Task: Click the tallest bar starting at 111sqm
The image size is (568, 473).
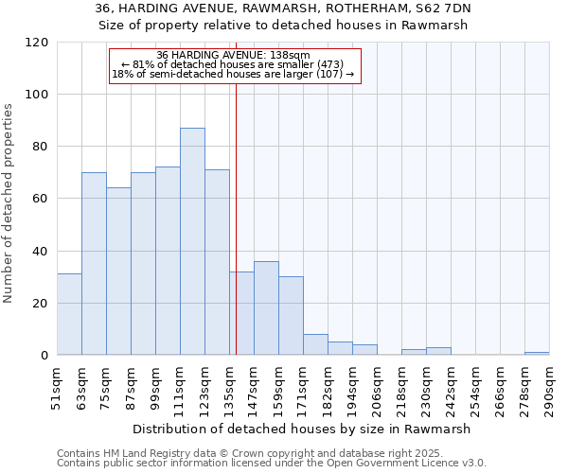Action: click(x=192, y=241)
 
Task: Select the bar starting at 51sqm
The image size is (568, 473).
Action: click(x=69, y=314)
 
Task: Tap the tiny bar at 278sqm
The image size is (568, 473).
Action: click(x=537, y=353)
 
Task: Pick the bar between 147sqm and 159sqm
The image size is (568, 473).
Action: click(x=266, y=308)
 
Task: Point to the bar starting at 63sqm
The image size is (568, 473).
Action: click(x=94, y=264)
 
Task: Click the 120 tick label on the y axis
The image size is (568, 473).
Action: click(x=37, y=43)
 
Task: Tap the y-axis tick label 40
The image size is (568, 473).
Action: click(x=41, y=252)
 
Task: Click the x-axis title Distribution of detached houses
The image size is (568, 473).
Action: click(x=301, y=429)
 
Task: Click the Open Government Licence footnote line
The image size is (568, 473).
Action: click(x=272, y=464)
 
